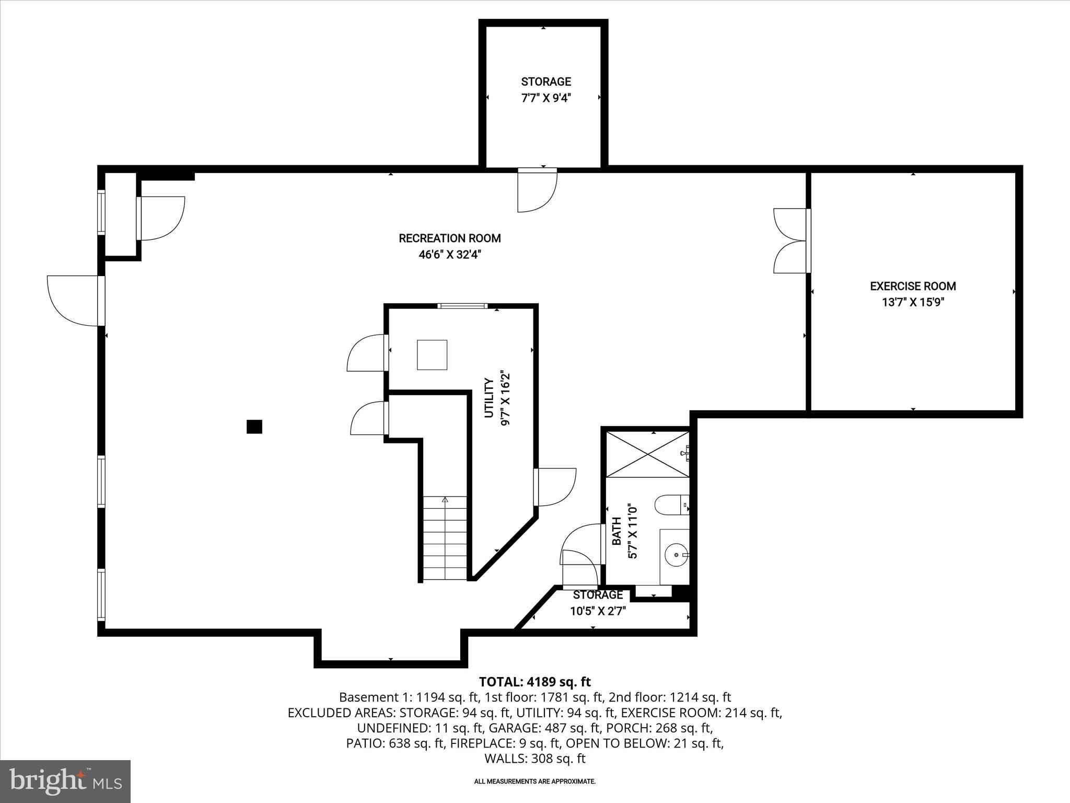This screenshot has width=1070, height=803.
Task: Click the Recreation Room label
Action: [449, 238]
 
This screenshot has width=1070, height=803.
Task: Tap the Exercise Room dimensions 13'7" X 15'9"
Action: [913, 302]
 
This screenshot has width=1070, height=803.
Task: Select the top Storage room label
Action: [545, 82]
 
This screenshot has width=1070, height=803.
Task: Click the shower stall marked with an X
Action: [647, 454]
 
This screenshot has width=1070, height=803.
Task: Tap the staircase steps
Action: [445, 538]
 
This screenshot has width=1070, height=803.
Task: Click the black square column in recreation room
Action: [254, 427]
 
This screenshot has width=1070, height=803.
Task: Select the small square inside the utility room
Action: [432, 355]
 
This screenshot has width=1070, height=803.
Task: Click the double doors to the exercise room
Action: [790, 240]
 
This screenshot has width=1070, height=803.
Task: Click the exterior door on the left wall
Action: [73, 301]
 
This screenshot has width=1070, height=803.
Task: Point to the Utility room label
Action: [489, 398]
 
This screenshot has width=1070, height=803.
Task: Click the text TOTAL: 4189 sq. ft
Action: [534, 682]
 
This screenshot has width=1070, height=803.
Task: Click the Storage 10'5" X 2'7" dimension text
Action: [598, 611]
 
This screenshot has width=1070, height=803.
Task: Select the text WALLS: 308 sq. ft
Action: [534, 759]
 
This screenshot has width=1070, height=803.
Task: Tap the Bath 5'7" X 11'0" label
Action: [624, 531]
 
